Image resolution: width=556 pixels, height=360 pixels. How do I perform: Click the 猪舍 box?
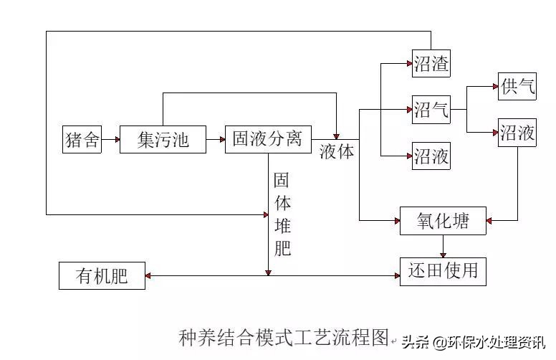(x=82, y=139)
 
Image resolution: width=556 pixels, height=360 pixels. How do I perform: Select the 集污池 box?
(x=163, y=139)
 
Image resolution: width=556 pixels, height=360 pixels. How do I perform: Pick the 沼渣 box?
(x=431, y=65)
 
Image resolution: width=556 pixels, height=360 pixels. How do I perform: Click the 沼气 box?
(x=431, y=110)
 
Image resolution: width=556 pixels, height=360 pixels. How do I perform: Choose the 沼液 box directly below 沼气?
(x=431, y=156)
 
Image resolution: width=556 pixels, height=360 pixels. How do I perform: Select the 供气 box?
(x=517, y=87)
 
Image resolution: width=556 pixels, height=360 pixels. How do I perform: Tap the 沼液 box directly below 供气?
(x=517, y=133)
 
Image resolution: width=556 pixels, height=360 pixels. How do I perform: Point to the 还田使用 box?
(x=443, y=271)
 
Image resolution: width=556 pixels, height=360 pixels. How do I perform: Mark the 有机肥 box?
(x=102, y=275)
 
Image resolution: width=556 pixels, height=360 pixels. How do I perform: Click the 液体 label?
(x=337, y=153)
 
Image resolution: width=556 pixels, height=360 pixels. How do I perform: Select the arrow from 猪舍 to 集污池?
(x=110, y=139)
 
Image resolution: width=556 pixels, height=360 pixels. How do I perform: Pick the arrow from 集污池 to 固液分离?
(x=215, y=139)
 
